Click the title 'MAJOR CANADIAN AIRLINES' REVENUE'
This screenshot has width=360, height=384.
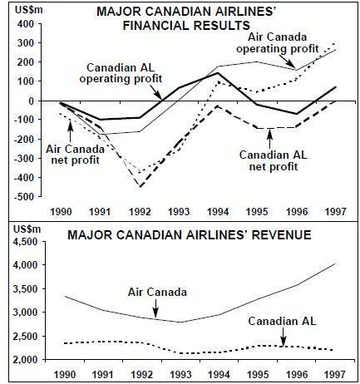190,235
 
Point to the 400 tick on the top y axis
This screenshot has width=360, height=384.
27,24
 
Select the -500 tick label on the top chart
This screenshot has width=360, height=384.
25,196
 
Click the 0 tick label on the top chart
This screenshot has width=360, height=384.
32,101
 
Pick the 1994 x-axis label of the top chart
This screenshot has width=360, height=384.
218,212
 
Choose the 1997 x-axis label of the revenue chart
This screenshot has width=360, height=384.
335,374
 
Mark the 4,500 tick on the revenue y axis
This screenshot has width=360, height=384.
27,242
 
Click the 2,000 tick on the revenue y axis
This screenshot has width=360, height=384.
27,360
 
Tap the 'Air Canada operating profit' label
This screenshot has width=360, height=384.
277,42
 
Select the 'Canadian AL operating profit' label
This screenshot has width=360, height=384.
121,73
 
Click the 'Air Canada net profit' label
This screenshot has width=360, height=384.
75,155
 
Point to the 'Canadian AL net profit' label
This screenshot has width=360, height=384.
274,160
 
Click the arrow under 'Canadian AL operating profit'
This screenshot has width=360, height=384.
156,91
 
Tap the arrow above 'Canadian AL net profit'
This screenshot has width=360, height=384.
269,138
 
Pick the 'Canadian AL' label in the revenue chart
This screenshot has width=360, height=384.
282,322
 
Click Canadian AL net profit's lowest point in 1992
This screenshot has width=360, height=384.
141,187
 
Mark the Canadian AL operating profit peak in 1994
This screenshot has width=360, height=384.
218,73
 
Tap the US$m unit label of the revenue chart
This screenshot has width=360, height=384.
27,229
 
